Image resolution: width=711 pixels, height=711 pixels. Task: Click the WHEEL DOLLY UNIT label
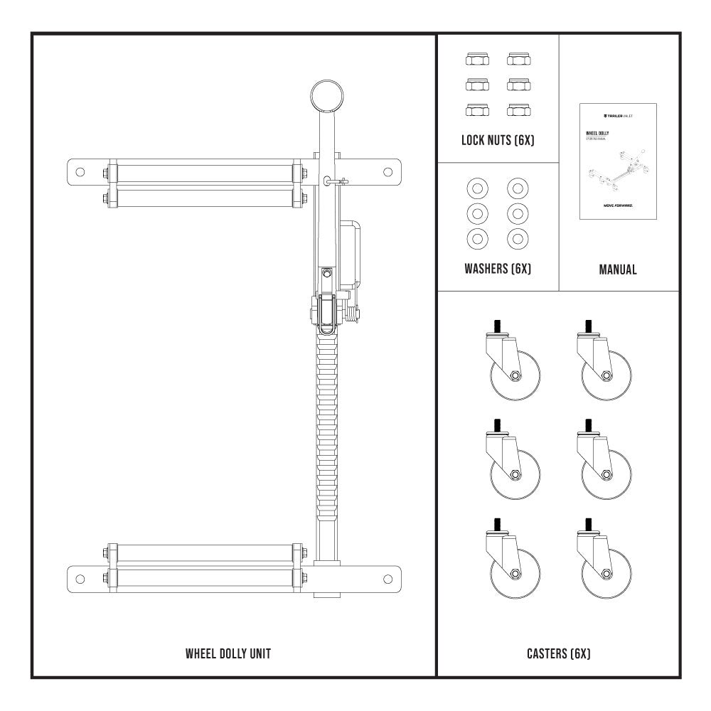pyautogui.click(x=228, y=653)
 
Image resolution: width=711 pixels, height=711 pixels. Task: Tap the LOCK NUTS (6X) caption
pyautogui.click(x=498, y=141)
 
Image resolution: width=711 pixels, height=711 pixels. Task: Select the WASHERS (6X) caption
pyautogui.click(x=498, y=269)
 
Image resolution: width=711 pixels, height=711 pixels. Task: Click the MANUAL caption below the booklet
pyautogui.click(x=618, y=269)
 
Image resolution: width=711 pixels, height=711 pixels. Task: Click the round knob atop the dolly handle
pyautogui.click(x=326, y=95)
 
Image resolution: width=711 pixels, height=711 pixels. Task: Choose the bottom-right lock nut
pyautogui.click(x=518, y=109)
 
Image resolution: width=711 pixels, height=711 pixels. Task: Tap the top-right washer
pyautogui.click(x=518, y=189)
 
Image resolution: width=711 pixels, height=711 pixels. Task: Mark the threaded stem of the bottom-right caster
pyautogui.click(x=589, y=525)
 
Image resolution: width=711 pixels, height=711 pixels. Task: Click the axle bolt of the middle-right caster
pyautogui.click(x=606, y=474)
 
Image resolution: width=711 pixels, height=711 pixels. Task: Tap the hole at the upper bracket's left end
pyautogui.click(x=80, y=171)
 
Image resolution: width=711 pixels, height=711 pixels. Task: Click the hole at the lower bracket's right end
pyautogui.click(x=387, y=578)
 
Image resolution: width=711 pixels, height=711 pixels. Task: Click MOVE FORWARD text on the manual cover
pyautogui.click(x=618, y=204)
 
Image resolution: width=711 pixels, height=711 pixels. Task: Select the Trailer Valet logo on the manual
pyautogui.click(x=618, y=114)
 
